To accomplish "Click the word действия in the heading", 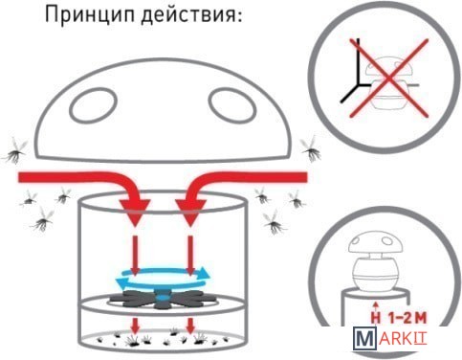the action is pos(187,15).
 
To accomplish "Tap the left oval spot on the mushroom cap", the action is pos(93,105).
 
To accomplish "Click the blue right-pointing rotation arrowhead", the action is pos(204,273).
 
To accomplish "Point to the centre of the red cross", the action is pos(388,79).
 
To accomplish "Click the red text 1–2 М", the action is pos(407,318).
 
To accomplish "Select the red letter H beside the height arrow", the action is pos(376,318).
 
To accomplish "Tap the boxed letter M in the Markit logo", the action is pos(364,339).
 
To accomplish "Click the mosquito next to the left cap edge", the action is pos(15,151).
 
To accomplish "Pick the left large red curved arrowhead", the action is pos(135,212).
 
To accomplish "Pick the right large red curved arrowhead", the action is pos(190,212).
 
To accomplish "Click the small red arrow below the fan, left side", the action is pos(136,326).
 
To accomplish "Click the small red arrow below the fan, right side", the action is pos(190,326).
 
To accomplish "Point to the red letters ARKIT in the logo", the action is pos(403,339).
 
